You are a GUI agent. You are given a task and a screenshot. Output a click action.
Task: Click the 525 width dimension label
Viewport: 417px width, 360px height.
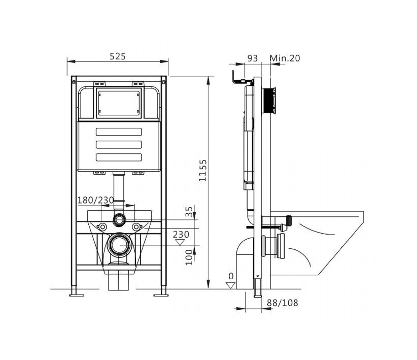click(x=118, y=56)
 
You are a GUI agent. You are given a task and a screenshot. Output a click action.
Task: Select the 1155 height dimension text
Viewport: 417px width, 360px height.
click(x=202, y=171)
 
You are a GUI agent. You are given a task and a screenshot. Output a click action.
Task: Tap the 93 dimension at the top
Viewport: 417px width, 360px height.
click(x=252, y=58)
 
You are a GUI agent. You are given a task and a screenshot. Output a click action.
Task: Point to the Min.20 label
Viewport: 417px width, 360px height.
click(x=285, y=58)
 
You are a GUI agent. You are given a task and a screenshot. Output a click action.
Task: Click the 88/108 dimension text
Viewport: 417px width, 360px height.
click(x=283, y=303)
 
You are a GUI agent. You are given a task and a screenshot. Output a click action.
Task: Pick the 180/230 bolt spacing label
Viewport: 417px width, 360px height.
click(x=96, y=200)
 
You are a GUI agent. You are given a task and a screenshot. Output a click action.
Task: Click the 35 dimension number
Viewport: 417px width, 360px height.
click(x=189, y=212)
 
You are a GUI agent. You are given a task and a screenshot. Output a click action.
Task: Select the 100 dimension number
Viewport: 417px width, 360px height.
click(x=189, y=257)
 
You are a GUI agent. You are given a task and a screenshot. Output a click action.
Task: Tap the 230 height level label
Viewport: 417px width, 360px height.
click(x=181, y=234)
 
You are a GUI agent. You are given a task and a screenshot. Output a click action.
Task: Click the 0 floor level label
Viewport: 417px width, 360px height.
click(x=231, y=276)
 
